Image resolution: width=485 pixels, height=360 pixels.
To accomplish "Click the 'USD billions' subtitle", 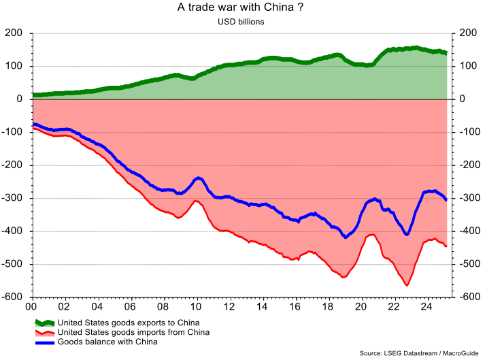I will point(240,22).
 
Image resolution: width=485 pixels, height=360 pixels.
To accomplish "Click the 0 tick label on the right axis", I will point(461,99).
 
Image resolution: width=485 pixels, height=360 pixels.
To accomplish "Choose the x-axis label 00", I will point(32,308).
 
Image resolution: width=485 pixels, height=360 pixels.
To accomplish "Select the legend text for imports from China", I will point(133,332).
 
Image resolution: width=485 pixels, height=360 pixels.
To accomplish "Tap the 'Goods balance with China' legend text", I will point(107,342).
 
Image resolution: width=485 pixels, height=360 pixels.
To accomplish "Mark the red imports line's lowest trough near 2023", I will point(407,285).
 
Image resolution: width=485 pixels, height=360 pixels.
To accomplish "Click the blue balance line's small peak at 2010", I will point(199,178).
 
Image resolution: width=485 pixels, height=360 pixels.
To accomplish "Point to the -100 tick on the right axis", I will point(465,132).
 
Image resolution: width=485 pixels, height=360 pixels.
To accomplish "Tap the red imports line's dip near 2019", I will point(344,278).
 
